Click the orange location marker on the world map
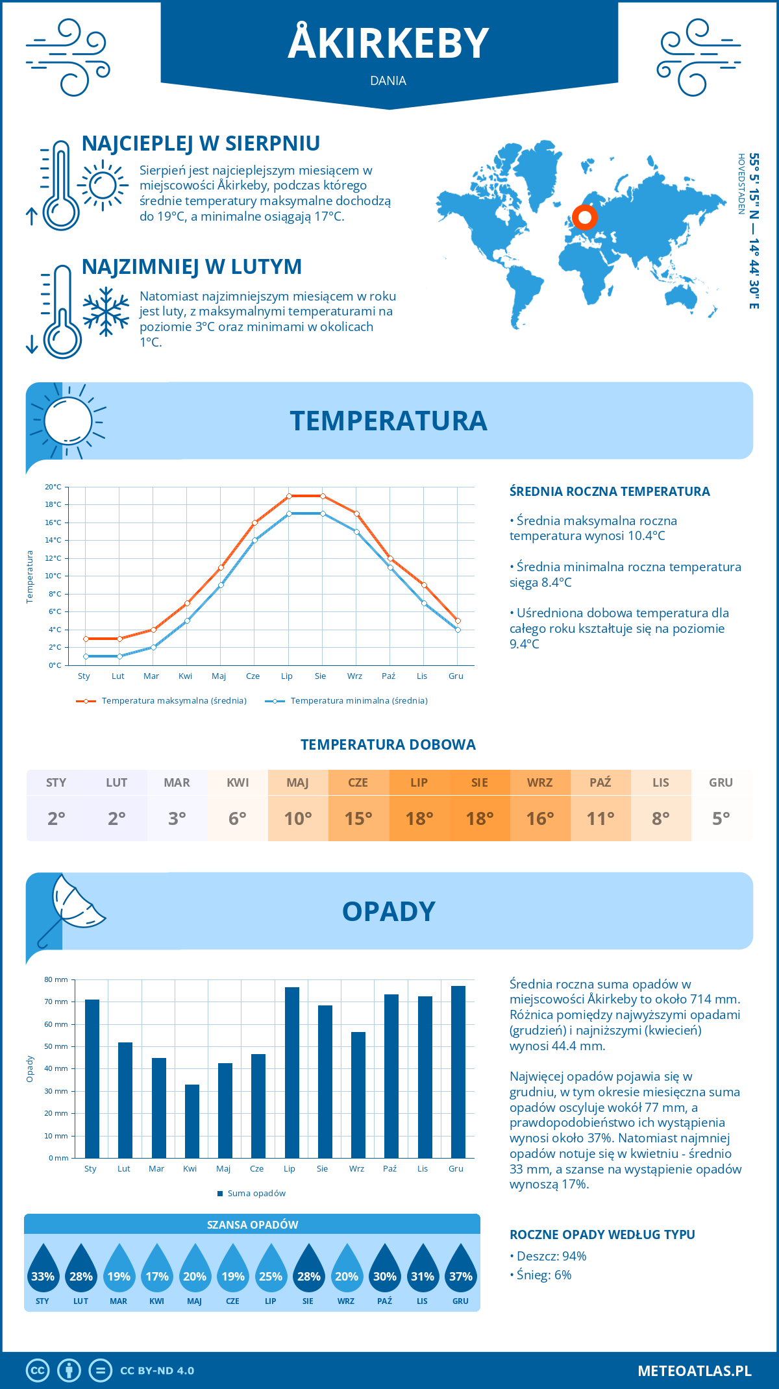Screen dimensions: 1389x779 tap(584, 217)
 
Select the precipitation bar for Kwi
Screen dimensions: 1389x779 tap(192, 1121)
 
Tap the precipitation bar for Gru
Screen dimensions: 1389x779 tap(458, 1072)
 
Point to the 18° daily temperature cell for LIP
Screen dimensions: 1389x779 tap(419, 805)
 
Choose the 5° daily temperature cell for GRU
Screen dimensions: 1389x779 tap(721, 805)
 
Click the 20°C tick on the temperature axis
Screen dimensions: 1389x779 tap(53, 487)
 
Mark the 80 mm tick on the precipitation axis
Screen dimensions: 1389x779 tap(56, 979)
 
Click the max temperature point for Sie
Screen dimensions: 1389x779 tap(323, 496)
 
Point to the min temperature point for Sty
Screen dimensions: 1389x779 tap(86, 656)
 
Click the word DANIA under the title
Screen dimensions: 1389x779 tap(388, 81)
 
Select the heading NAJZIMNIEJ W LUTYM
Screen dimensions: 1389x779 tap(192, 267)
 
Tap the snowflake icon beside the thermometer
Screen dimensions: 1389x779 tap(106, 312)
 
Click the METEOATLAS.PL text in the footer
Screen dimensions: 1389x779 tap(694, 1370)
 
